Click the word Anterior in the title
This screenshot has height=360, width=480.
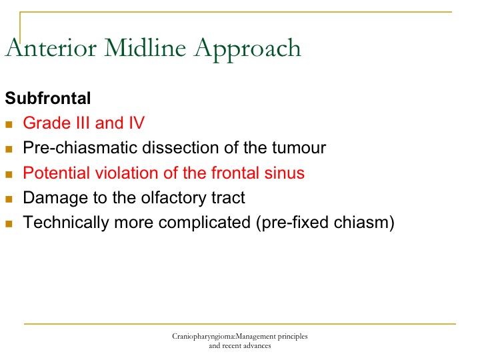51,48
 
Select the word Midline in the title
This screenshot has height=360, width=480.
145,48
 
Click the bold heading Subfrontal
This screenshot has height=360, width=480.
48,98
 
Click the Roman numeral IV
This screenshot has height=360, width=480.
137,123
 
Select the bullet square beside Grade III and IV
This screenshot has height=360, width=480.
9,124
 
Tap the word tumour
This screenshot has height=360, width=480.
299,147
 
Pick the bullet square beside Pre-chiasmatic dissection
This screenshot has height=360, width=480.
9,149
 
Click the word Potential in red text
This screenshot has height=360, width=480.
57,173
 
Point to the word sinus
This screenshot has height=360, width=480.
285,173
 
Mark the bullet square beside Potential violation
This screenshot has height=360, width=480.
9,174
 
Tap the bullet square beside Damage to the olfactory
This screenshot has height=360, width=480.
9,199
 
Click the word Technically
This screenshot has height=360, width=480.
66,222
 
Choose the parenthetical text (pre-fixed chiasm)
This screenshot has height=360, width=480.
325,222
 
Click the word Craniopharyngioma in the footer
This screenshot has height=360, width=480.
203,337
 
